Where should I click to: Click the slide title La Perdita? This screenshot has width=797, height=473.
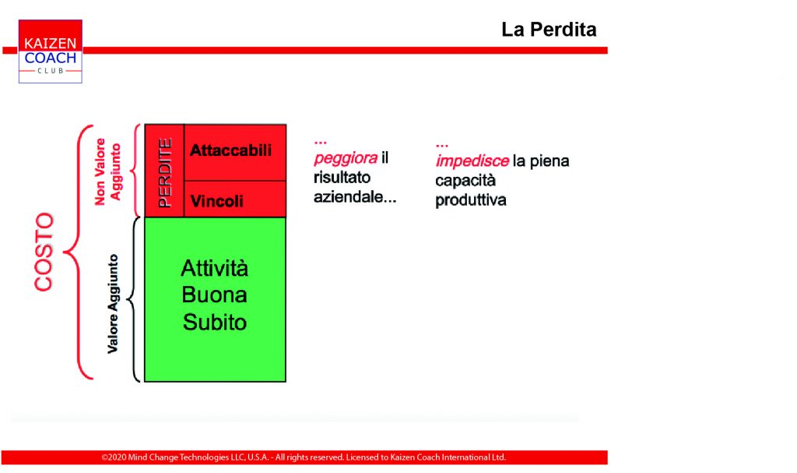[x=549, y=30]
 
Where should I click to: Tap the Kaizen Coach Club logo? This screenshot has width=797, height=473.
[x=51, y=51]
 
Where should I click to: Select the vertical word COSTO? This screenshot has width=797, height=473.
[x=44, y=252]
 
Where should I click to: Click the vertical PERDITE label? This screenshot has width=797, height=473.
[x=165, y=172]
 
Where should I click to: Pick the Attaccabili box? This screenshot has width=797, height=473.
[x=235, y=152]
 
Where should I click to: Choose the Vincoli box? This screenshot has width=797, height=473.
[x=235, y=199]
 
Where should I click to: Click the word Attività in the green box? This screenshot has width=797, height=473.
[x=215, y=268]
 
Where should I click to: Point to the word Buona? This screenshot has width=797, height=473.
[x=215, y=295]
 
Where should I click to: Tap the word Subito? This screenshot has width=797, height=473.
[x=215, y=322]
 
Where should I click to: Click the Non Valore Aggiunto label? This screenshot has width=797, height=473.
[x=107, y=171]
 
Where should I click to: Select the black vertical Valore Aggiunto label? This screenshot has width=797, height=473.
[x=113, y=304]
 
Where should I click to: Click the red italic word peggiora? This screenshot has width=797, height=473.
[x=346, y=158]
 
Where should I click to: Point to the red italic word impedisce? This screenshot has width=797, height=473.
[x=472, y=161]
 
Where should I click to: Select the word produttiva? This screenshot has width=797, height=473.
[x=471, y=200]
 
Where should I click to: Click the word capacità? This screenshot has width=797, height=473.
[x=465, y=180]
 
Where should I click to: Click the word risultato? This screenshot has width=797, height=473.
[x=342, y=177]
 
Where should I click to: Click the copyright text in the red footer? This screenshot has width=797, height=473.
[x=304, y=457]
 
